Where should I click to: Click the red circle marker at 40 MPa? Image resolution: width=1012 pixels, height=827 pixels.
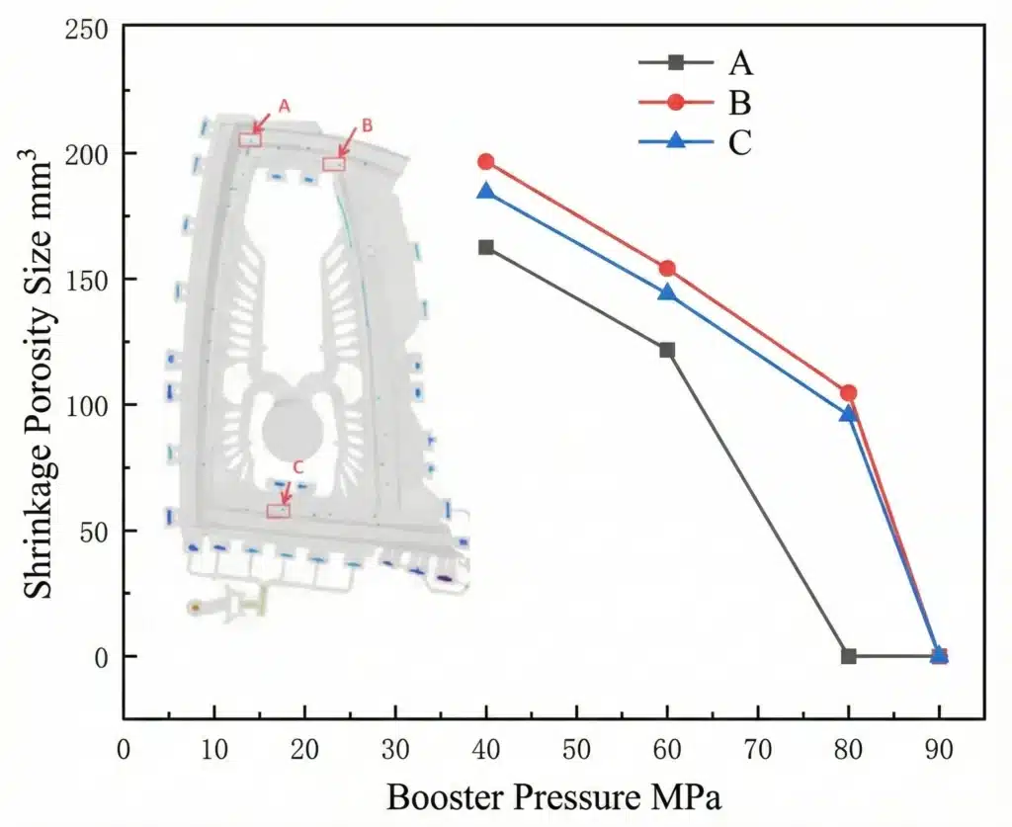coord(485,162)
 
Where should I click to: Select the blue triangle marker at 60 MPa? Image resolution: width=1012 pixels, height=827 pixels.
coord(667,292)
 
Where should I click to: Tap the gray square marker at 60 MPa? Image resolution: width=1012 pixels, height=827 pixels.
coord(667,350)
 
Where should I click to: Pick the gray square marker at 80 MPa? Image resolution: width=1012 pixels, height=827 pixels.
coord(848,656)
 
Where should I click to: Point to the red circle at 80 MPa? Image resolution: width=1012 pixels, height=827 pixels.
coord(848,393)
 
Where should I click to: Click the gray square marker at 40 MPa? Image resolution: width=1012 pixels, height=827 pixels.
coord(485,247)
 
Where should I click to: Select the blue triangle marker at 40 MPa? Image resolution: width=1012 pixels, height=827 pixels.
coord(485,190)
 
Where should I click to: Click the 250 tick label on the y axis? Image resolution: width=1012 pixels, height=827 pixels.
coord(88,29)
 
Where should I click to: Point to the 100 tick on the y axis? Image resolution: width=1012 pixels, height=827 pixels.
coord(88,405)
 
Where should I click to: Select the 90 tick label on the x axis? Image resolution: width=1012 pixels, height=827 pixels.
coord(939,750)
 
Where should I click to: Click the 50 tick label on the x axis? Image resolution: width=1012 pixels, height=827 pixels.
coord(576,750)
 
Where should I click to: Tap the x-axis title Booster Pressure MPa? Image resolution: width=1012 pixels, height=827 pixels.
coord(553,796)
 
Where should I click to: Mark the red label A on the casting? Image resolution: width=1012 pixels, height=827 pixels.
coord(284,106)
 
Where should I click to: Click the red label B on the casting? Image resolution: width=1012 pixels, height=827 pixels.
coord(367,125)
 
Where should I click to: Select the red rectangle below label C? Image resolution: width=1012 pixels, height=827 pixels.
coord(279,511)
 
